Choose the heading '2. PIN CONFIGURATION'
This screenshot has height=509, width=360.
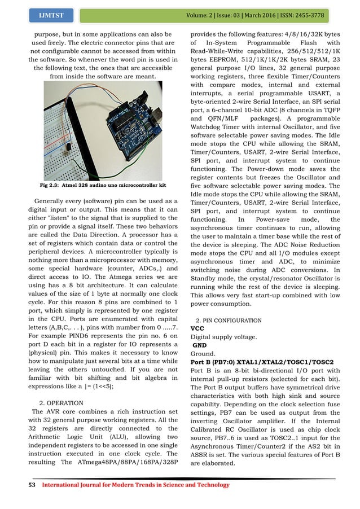tap(228, 320)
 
